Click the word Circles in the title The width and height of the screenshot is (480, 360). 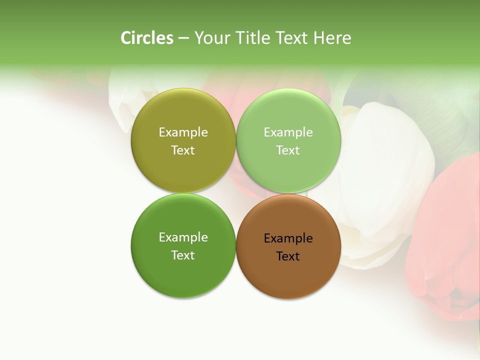[x=147, y=38]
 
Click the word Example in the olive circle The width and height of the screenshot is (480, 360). [x=183, y=132]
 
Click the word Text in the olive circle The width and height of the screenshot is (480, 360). [x=183, y=150]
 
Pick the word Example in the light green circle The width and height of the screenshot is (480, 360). [x=288, y=132]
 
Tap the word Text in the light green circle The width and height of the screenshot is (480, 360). [x=288, y=150]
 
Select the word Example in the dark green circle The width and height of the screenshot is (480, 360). [x=183, y=237]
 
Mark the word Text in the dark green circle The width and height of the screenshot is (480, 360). [x=183, y=255]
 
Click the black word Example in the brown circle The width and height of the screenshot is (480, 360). [x=288, y=238]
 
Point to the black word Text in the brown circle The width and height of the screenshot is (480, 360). [x=288, y=256]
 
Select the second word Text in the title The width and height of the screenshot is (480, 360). [x=291, y=38]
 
